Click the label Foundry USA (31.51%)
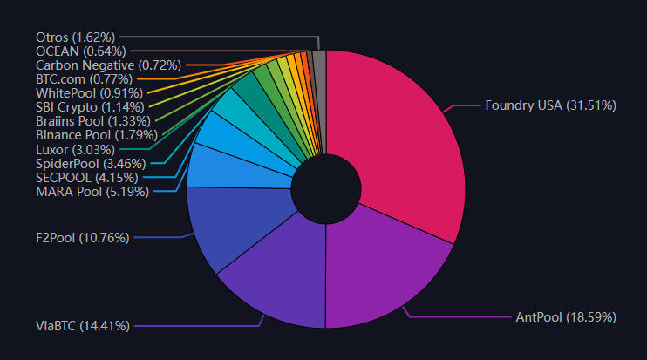551,105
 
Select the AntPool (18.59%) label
565,317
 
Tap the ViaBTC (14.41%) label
83,326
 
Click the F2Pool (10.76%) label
82,235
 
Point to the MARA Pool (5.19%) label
92,191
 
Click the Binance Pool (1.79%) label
97,135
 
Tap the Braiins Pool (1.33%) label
93,120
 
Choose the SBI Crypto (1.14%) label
90,106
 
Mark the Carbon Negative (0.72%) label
108,65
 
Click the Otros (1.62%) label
76,37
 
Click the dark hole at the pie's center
326,188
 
